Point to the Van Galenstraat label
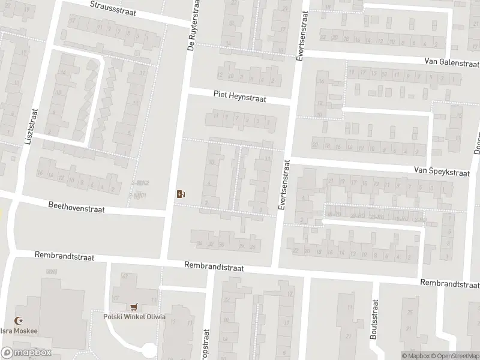point(451,62)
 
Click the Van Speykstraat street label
point(441,171)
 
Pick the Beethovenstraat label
point(76,207)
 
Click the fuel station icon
point(181,193)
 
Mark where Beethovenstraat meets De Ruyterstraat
point(169,212)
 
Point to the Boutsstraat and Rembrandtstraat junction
point(374,280)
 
